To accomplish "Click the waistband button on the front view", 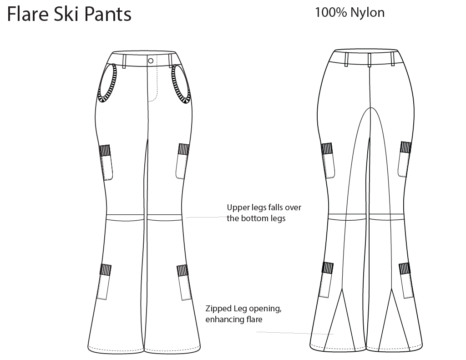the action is [151, 60].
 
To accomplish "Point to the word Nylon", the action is [367, 13].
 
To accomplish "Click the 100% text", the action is [331, 13].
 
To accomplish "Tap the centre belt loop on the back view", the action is [370, 59].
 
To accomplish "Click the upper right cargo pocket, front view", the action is [182, 161].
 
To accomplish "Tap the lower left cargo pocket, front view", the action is [104, 282].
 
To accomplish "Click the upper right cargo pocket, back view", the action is [405, 159].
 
